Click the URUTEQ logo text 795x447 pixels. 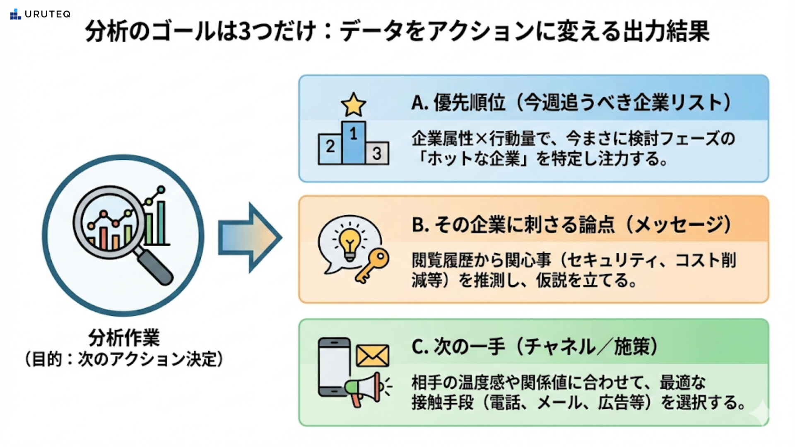[48, 14]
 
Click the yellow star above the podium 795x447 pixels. [353, 105]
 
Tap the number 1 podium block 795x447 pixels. [354, 142]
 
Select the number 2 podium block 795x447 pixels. [330, 149]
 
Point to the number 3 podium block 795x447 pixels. [377, 153]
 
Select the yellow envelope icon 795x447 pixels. [373, 356]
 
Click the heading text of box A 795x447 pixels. [571, 103]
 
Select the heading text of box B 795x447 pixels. [571, 225]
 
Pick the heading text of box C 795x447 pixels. [535, 346]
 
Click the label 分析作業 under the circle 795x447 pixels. [124, 338]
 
